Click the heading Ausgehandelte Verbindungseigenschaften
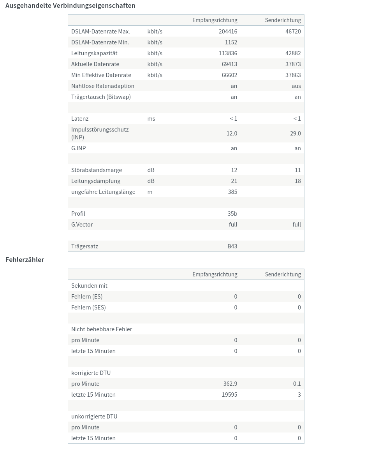[x=70, y=5]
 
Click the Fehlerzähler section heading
[x=25, y=260]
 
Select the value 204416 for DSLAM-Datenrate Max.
[x=228, y=32]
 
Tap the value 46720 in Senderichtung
[x=293, y=32]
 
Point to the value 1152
[x=231, y=42]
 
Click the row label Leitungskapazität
[x=94, y=53]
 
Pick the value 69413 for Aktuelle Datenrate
[x=229, y=64]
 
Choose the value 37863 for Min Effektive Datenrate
[x=293, y=75]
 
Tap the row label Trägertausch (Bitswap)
[x=101, y=97]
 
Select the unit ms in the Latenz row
[x=151, y=119]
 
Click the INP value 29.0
[x=295, y=134]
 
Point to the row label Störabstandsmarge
[x=97, y=170]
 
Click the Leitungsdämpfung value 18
[x=297, y=181]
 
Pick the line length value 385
[x=232, y=192]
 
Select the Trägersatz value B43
[x=232, y=246]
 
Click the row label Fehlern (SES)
[x=88, y=308]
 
